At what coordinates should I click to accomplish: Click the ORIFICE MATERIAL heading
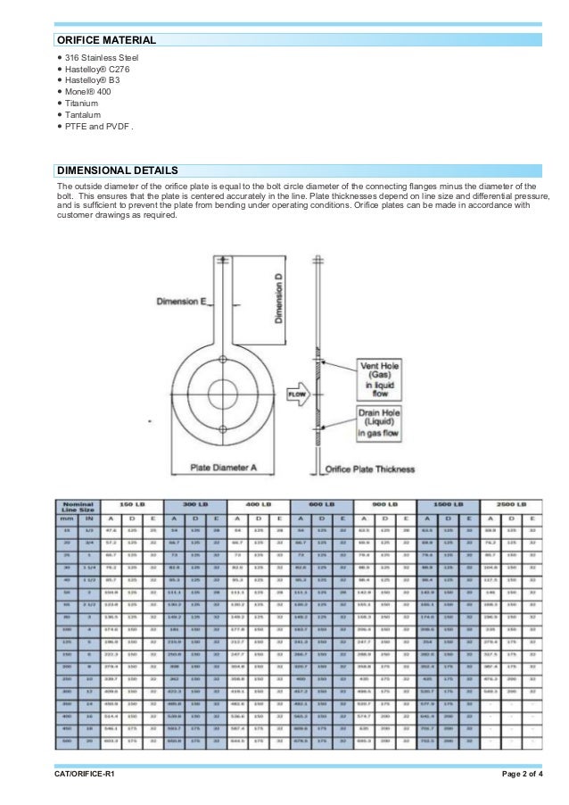tap(106, 40)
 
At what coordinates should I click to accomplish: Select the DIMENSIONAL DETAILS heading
tap(117, 170)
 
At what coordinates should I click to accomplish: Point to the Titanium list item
tap(82, 104)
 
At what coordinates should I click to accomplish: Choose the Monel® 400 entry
tap(87, 92)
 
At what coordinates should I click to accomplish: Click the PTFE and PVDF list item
tap(98, 126)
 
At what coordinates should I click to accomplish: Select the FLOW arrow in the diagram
tap(297, 393)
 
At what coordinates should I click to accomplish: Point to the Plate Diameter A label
tap(223, 467)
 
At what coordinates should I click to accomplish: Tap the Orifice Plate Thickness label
tap(370, 467)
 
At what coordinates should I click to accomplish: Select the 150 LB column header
tap(131, 505)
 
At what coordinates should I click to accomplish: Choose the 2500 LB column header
tap(512, 505)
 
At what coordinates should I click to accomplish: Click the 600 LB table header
tap(321, 505)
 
